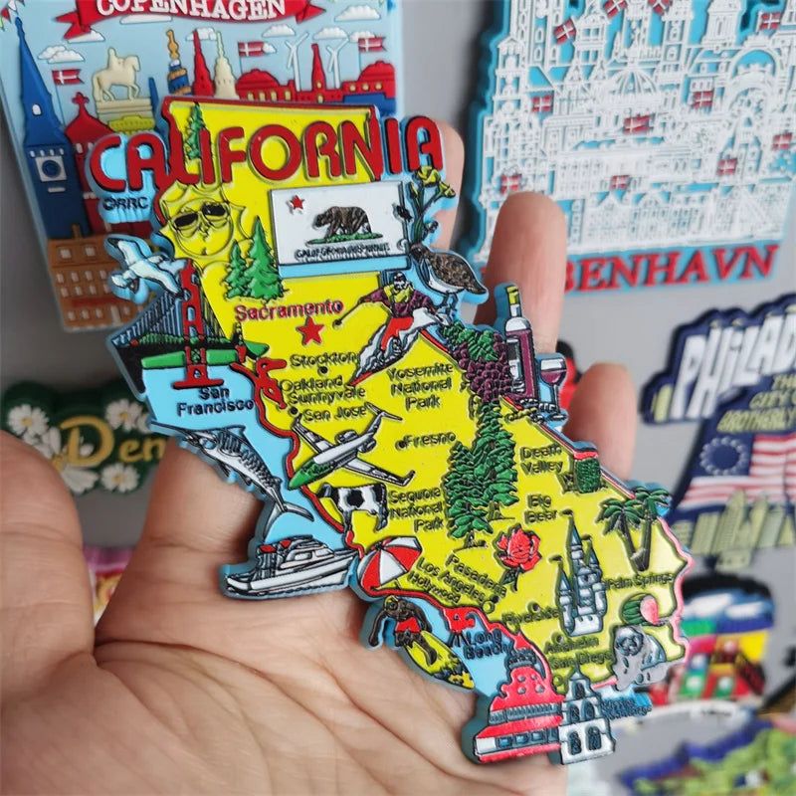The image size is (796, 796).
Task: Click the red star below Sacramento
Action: click(312, 329)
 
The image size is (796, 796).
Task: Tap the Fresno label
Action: click(429, 438)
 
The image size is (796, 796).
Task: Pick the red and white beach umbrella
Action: click(388, 563)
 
